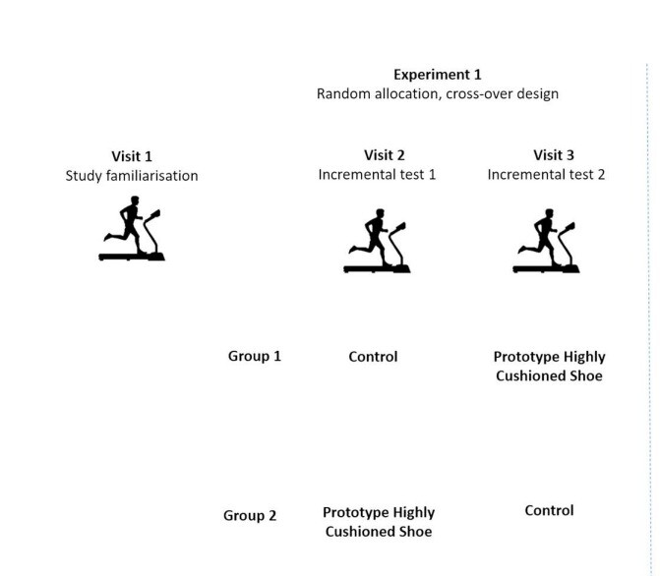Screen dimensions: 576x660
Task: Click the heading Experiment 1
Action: pyautogui.click(x=438, y=75)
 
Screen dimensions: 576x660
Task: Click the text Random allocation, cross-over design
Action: pyautogui.click(x=438, y=94)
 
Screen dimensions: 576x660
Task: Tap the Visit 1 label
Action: pyautogui.click(x=132, y=156)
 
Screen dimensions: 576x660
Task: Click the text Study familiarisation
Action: pyautogui.click(x=132, y=176)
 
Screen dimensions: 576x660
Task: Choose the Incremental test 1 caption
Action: pyautogui.click(x=377, y=174)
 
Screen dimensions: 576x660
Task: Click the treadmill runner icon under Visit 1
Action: pyautogui.click(x=132, y=229)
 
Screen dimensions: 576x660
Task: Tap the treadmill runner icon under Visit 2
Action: pyautogui.click(x=377, y=242)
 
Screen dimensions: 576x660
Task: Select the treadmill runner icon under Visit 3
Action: pyautogui.click(x=547, y=242)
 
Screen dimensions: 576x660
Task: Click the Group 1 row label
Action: pyautogui.click(x=255, y=356)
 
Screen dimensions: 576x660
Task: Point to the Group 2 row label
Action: pyautogui.click(x=251, y=515)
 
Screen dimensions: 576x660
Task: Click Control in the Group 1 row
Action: pyautogui.click(x=373, y=357)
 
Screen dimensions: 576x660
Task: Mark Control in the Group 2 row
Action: pyautogui.click(x=548, y=510)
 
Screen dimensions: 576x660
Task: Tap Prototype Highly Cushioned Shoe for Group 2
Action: pyautogui.click(x=379, y=522)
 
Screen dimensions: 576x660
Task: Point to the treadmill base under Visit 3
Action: pyautogui.click(x=547, y=268)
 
